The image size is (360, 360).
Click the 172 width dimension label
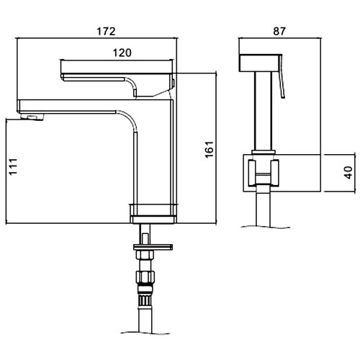tap(106, 32)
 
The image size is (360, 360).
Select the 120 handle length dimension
tap(122, 53)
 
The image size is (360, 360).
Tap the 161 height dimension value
tap(210, 149)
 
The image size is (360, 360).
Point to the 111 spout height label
tap(14, 166)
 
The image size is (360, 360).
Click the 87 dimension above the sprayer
tap(279, 32)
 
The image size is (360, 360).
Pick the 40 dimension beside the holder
tap(349, 172)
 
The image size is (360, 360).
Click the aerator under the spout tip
tap(32, 117)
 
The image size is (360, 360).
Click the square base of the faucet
tap(153, 214)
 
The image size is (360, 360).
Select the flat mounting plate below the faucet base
tap(153, 247)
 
